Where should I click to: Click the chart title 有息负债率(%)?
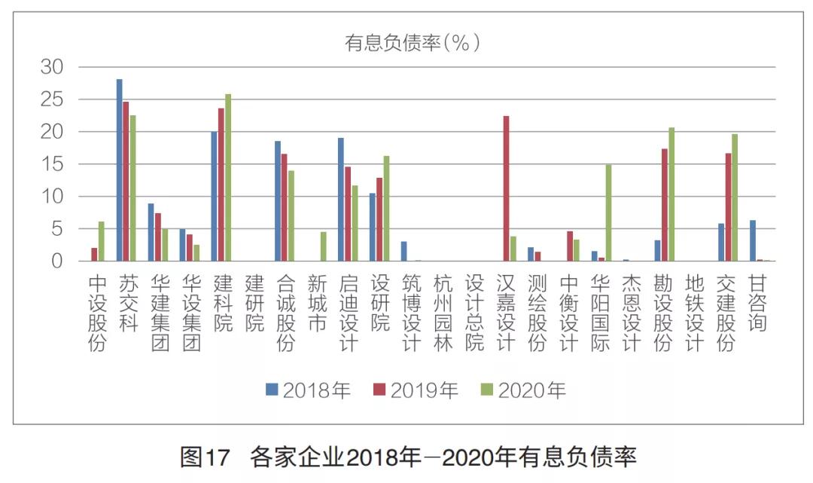[412, 43]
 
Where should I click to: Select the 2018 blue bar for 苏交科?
[119, 170]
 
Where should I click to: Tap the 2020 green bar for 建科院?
[228, 178]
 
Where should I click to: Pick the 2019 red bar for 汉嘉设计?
[506, 188]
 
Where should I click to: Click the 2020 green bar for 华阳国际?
[608, 212]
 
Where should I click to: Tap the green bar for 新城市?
[323, 246]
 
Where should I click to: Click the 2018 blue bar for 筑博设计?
[403, 251]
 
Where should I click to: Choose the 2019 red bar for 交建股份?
[728, 207]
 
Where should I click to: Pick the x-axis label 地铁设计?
[696, 313]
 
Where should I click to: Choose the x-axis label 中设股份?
[98, 313]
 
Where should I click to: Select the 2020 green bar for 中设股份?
[101, 241]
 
